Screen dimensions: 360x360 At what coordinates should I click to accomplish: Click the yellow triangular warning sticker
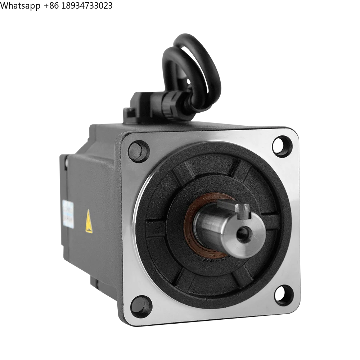tap(88, 220)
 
